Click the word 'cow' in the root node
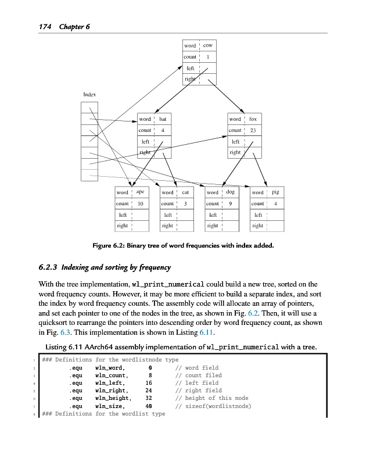[x=208, y=45]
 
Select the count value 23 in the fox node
[x=253, y=130]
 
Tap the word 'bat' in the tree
[x=163, y=119]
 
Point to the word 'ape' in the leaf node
[x=140, y=192]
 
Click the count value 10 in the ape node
[x=140, y=203]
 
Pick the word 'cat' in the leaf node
[x=185, y=192]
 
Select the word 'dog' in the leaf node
[x=230, y=192]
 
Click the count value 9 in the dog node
[x=230, y=203]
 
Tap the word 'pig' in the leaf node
[x=275, y=192]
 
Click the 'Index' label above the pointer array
[x=89, y=94]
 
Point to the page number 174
[x=46, y=27]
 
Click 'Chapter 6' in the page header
[x=73, y=27]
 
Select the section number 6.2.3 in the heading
[x=48, y=267]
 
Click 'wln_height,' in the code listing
[x=112, y=398]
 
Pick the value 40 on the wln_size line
[x=149, y=406]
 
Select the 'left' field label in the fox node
[x=235, y=141]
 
